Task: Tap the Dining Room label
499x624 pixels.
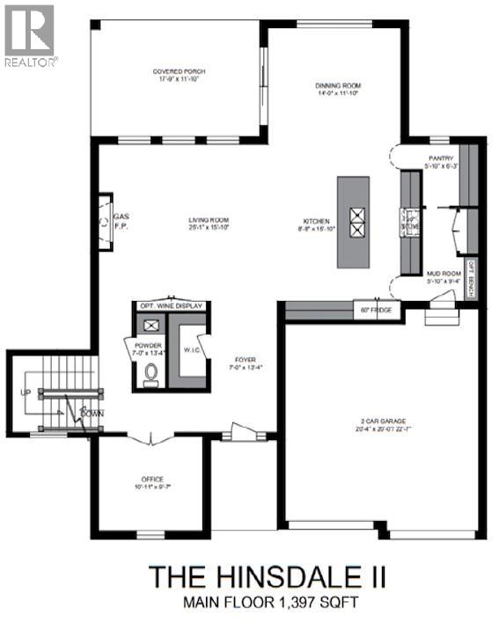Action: point(338,86)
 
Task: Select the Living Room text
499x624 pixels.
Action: point(208,220)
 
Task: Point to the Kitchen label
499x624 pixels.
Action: point(316,221)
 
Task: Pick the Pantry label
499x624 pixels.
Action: point(440,158)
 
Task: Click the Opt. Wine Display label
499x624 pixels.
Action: point(171,306)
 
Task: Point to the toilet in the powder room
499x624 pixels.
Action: point(151,374)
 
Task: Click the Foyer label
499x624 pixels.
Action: point(245,360)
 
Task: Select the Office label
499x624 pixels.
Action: point(150,481)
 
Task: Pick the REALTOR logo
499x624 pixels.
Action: point(30,35)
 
